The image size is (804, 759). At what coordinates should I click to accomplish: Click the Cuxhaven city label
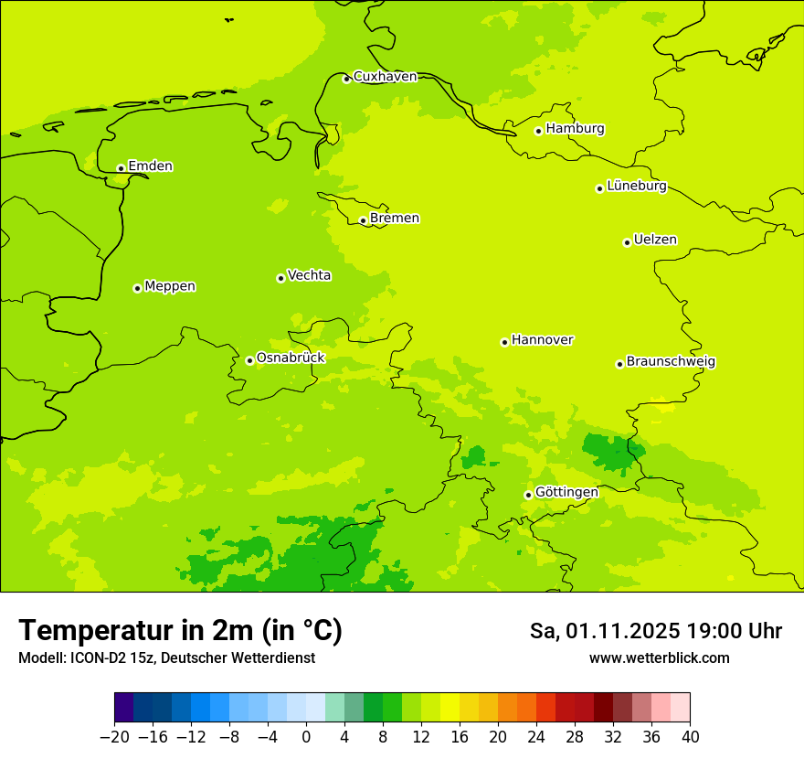[385, 77]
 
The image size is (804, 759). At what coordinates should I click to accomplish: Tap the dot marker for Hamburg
[539, 131]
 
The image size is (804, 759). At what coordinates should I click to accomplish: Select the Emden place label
[150, 166]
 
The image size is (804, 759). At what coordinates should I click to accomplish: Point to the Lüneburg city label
[636, 187]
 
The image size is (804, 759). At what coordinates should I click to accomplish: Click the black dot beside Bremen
[363, 220]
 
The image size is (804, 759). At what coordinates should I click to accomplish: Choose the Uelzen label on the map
[655, 241]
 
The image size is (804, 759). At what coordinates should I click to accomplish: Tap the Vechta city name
[309, 275]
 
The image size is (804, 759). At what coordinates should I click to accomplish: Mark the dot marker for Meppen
[137, 288]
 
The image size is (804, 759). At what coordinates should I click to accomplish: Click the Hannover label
[542, 340]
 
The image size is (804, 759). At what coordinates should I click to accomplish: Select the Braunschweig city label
[671, 362]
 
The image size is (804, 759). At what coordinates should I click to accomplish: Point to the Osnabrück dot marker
[249, 360]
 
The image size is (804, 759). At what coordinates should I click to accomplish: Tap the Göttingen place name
[566, 493]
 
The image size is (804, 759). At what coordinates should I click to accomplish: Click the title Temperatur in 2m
[180, 630]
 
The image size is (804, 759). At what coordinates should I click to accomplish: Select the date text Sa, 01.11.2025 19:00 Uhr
[655, 631]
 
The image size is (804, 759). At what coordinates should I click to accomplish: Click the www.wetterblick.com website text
[659, 658]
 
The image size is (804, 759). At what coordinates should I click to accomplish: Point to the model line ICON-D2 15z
[166, 658]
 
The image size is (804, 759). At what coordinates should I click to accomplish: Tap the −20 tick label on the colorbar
[114, 736]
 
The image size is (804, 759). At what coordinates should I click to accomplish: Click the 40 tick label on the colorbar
[690, 736]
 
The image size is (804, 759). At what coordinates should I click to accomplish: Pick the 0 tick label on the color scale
[306, 736]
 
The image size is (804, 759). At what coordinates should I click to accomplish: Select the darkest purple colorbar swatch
[123, 708]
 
